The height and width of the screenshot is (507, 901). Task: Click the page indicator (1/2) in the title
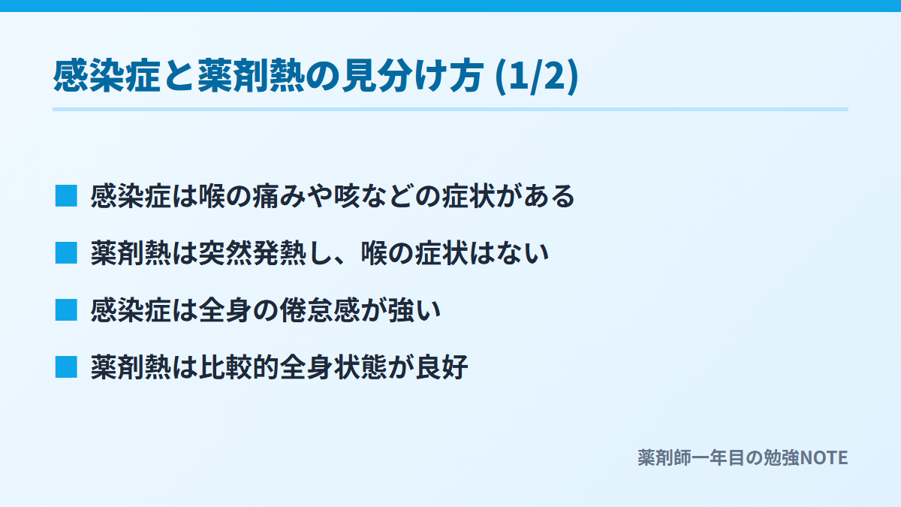pos(537,76)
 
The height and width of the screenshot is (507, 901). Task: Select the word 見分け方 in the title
pos(413,76)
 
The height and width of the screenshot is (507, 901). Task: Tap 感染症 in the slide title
pos(107,76)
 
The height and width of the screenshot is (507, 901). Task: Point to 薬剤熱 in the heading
pos(252,76)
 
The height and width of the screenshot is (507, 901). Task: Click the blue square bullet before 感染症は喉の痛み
pos(66,196)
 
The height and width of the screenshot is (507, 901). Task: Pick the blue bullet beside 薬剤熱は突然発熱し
pos(66,253)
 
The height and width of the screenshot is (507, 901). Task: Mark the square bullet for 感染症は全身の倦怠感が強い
pos(66,310)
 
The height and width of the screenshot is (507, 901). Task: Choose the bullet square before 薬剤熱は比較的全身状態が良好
pos(66,367)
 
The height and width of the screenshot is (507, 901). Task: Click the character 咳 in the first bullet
pos(347,196)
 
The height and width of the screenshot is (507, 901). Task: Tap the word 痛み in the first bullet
pos(279,196)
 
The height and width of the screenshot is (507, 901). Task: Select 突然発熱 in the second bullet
pos(252,254)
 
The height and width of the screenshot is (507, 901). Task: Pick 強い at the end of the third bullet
pos(414,311)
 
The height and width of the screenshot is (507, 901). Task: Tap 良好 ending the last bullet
pos(441,368)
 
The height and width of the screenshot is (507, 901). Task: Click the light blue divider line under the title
pos(450,110)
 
